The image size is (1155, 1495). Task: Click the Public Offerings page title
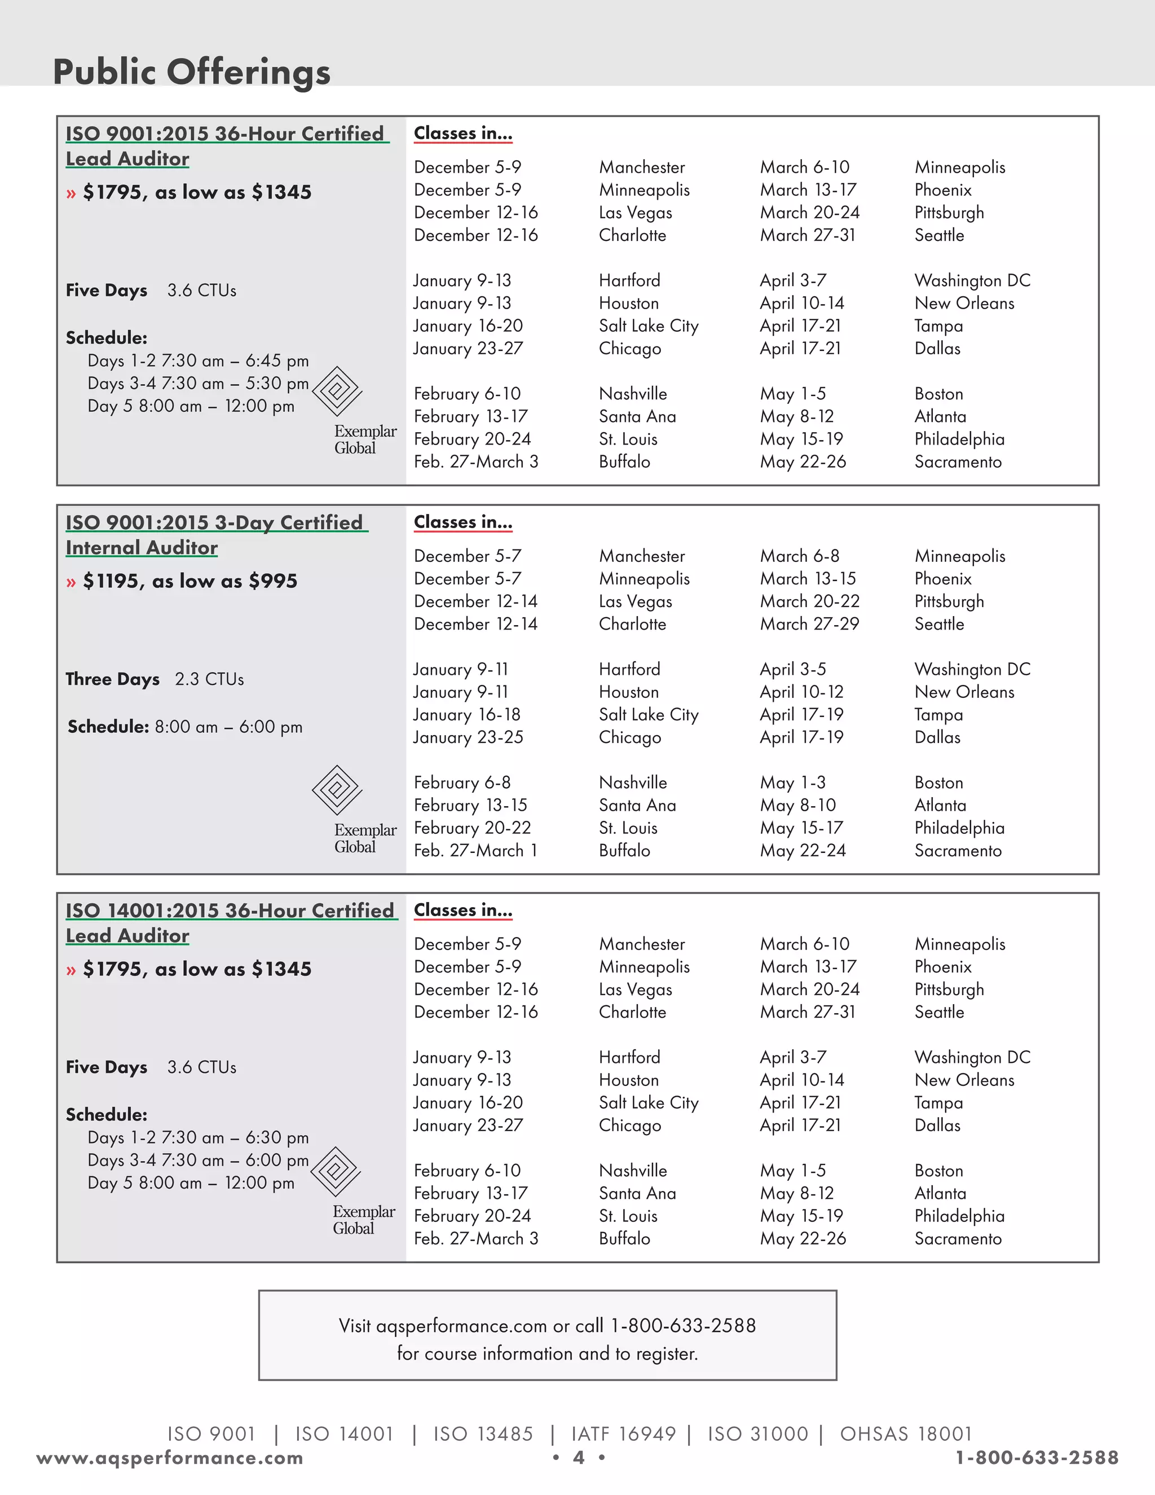click(192, 72)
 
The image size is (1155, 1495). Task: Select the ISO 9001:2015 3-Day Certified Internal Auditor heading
click(215, 535)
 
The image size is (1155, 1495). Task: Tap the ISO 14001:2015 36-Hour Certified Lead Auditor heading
click(230, 923)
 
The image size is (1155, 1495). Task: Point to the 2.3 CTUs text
click(209, 679)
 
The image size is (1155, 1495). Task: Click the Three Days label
click(112, 679)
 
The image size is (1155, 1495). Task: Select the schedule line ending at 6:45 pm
click(198, 360)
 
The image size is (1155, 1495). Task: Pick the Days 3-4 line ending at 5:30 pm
click(198, 383)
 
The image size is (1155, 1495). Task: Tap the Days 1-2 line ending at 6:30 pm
click(198, 1138)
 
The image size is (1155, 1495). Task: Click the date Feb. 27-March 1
click(475, 851)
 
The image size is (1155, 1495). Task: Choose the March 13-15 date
click(808, 579)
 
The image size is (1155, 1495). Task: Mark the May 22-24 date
click(803, 851)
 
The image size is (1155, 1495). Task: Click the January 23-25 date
click(468, 737)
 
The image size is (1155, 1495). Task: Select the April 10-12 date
click(801, 692)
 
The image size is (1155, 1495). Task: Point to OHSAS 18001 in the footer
click(905, 1434)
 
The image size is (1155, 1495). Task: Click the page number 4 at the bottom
click(578, 1458)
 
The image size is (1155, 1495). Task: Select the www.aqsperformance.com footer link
click(170, 1458)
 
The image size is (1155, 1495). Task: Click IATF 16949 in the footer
click(623, 1434)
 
